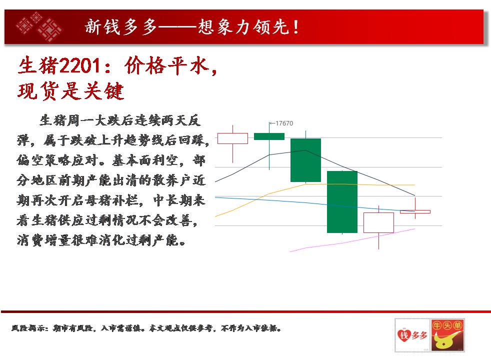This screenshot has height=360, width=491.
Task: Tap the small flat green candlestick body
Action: click(x=269, y=136)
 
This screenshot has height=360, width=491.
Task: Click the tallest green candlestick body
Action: click(x=342, y=202)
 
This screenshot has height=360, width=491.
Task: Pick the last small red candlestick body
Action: click(x=415, y=212)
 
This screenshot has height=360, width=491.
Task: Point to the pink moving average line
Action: click(x=352, y=240)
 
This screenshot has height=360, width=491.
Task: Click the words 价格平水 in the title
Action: click(x=166, y=66)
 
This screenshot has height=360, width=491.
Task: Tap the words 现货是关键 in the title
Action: click(x=71, y=91)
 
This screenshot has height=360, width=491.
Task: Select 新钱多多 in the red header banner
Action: click(x=121, y=26)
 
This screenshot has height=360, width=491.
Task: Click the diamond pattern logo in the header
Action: click(x=39, y=27)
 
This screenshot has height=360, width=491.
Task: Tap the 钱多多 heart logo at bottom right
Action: click(x=412, y=335)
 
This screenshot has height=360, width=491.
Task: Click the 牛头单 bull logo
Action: click(x=447, y=335)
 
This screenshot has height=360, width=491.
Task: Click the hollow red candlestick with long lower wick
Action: click(x=378, y=222)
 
